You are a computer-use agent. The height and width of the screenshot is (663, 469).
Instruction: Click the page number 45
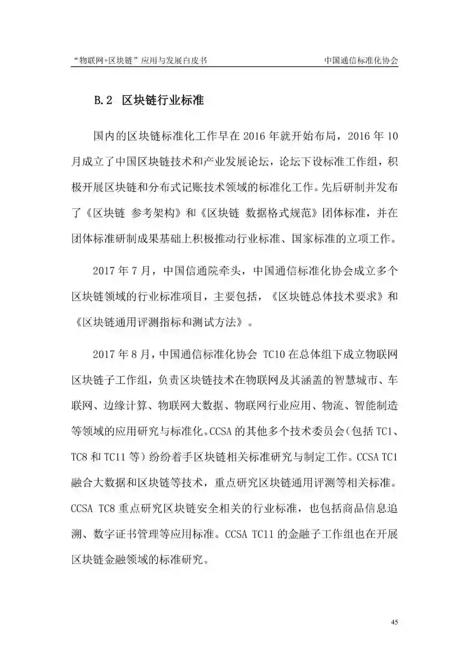[x=394, y=622]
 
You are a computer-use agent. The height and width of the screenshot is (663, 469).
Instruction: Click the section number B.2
[x=103, y=100]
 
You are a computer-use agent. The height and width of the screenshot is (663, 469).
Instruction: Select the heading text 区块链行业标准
[x=163, y=100]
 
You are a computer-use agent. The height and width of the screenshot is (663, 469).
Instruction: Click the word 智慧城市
[x=352, y=380]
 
